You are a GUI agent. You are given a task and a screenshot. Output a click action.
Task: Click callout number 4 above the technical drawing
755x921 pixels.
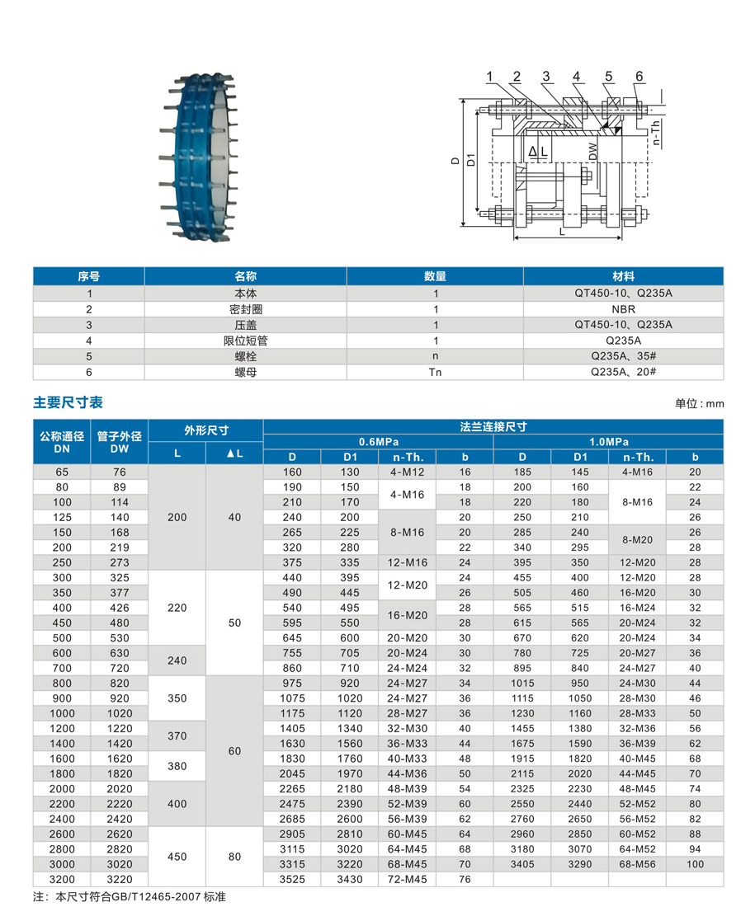[x=577, y=77]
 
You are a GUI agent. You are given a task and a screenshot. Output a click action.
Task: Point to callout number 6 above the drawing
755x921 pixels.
[x=639, y=77]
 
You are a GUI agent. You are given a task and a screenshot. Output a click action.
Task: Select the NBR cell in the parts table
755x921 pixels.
[x=623, y=309]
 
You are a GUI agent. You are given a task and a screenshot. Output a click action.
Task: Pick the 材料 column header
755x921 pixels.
[x=623, y=276]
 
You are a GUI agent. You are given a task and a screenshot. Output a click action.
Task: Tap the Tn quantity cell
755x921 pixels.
[x=435, y=372]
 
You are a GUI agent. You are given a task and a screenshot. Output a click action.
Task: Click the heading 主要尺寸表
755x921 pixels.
[x=68, y=402]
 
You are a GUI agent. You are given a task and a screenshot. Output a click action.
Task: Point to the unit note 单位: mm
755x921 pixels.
[x=699, y=404]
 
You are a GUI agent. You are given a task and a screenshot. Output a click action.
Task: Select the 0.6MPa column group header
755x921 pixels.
[x=377, y=441]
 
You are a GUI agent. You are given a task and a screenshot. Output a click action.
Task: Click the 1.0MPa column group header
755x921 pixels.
[x=608, y=441]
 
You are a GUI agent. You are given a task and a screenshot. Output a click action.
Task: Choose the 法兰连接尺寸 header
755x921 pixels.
[x=493, y=426]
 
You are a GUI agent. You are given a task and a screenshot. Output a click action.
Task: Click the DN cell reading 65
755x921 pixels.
[x=62, y=472]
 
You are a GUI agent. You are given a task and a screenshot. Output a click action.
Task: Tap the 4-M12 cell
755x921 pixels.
[x=407, y=472]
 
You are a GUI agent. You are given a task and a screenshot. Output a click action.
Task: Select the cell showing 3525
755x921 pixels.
[x=291, y=879]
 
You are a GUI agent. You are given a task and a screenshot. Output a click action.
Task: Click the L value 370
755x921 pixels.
[x=177, y=735]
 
